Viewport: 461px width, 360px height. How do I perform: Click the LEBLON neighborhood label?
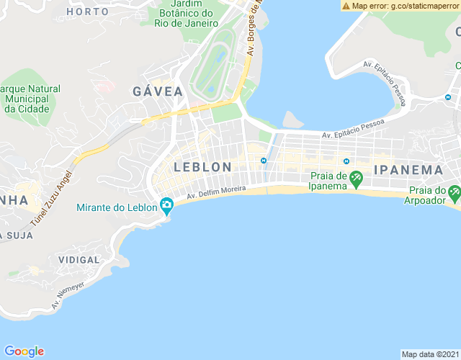click(x=202, y=167)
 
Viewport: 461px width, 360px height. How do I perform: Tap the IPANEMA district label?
click(x=408, y=170)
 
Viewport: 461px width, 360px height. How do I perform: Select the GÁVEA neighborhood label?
click(x=158, y=91)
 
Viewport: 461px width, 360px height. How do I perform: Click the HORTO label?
click(x=87, y=12)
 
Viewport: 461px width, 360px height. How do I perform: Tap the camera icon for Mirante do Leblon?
click(x=166, y=207)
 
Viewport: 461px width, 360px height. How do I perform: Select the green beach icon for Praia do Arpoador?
click(x=454, y=193)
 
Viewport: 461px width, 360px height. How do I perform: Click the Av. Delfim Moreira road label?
click(x=216, y=192)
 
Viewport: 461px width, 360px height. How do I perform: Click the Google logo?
click(x=24, y=351)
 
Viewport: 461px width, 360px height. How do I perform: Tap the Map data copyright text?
click(x=429, y=354)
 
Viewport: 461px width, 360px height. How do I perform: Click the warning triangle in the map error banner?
click(x=346, y=6)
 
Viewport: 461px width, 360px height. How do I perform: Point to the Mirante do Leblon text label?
click(x=116, y=207)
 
